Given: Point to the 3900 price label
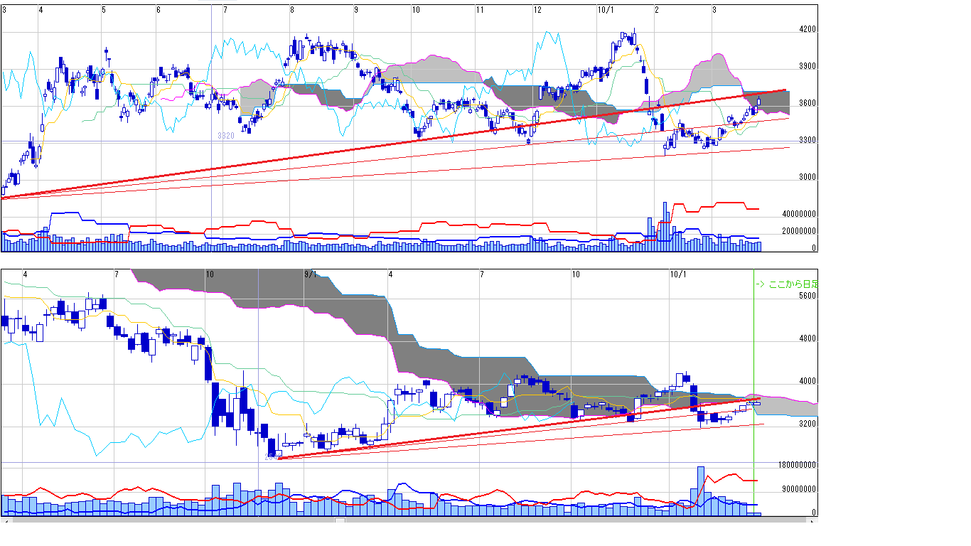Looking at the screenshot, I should click(808, 68).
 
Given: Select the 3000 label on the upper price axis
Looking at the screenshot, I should click(808, 178).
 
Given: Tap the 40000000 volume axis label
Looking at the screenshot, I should click(799, 214).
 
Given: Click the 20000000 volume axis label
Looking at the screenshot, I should click(799, 232).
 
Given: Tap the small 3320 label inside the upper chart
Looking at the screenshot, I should click(226, 136).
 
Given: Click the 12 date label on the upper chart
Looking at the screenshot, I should click(537, 10).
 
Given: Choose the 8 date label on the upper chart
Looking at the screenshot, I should click(292, 10).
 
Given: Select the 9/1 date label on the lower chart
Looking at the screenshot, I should click(311, 274).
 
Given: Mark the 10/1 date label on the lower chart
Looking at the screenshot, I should click(678, 274).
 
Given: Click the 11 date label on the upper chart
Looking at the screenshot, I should click(481, 10).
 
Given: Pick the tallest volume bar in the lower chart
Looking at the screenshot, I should click(701, 491).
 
